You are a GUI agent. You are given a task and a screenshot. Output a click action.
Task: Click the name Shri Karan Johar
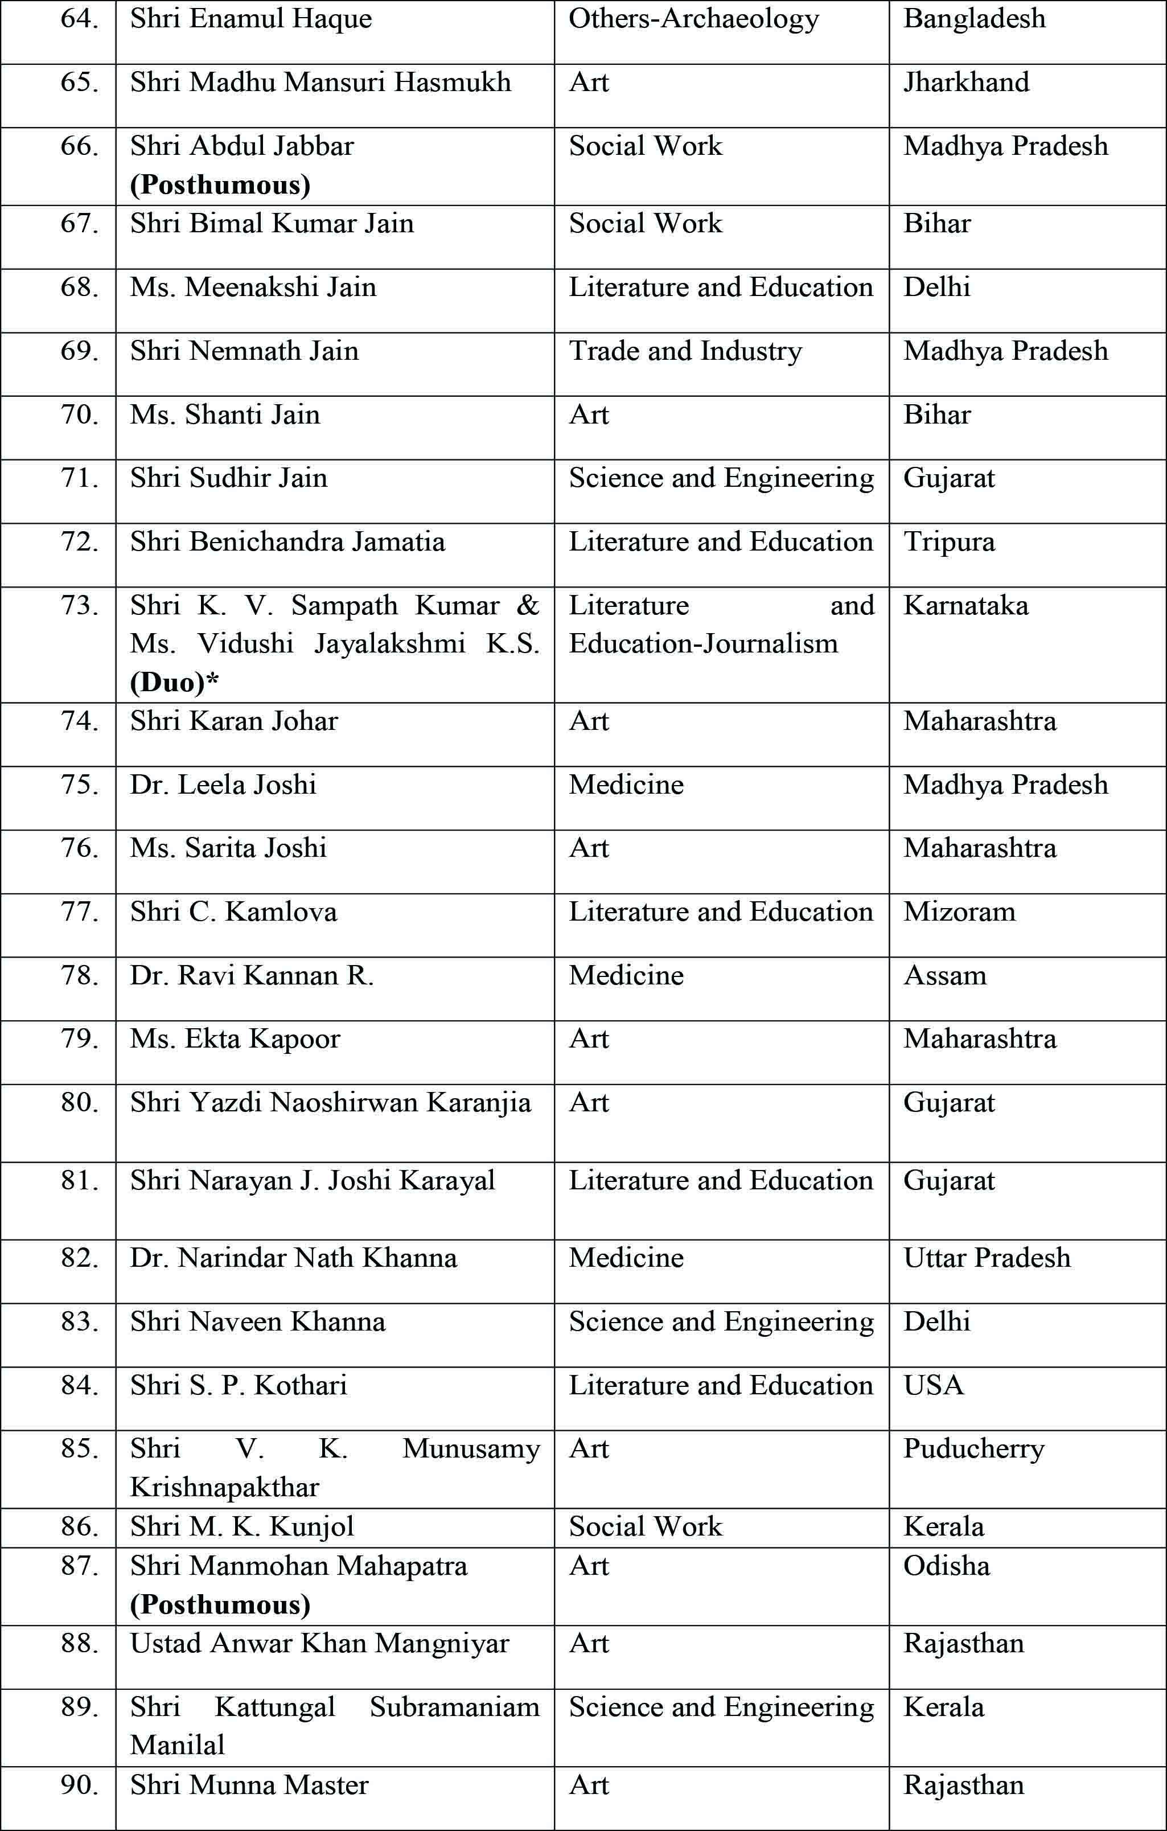pyautogui.click(x=233, y=721)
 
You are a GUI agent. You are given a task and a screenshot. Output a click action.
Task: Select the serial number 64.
pyautogui.click(x=79, y=19)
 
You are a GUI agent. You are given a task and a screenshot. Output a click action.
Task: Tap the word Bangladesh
pyautogui.click(x=974, y=19)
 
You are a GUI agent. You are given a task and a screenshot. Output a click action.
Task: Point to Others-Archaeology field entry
pyautogui.click(x=693, y=19)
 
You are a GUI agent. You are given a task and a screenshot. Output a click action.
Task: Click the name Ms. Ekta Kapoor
pyautogui.click(x=235, y=1038)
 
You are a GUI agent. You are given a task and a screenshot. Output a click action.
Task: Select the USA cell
pyautogui.click(x=934, y=1385)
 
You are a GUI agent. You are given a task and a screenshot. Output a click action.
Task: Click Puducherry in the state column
pyautogui.click(x=973, y=1448)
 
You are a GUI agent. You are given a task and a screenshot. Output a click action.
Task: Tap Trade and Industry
pyautogui.click(x=685, y=351)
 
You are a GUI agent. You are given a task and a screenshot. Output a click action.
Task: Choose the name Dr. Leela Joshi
pyautogui.click(x=223, y=785)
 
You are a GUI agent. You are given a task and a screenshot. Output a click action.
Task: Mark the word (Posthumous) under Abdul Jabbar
pyautogui.click(x=220, y=185)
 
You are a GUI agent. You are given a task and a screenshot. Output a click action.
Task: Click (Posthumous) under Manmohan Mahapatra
pyautogui.click(x=220, y=1604)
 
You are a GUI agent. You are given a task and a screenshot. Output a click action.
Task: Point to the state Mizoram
pyautogui.click(x=959, y=912)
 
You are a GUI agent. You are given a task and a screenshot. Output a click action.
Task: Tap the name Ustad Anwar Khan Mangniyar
pyautogui.click(x=319, y=1643)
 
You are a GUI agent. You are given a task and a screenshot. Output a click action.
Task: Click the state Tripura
pyautogui.click(x=949, y=541)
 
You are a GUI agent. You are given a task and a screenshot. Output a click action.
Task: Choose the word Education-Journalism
pyautogui.click(x=703, y=644)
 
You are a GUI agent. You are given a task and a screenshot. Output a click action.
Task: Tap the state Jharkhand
pyautogui.click(x=966, y=82)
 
